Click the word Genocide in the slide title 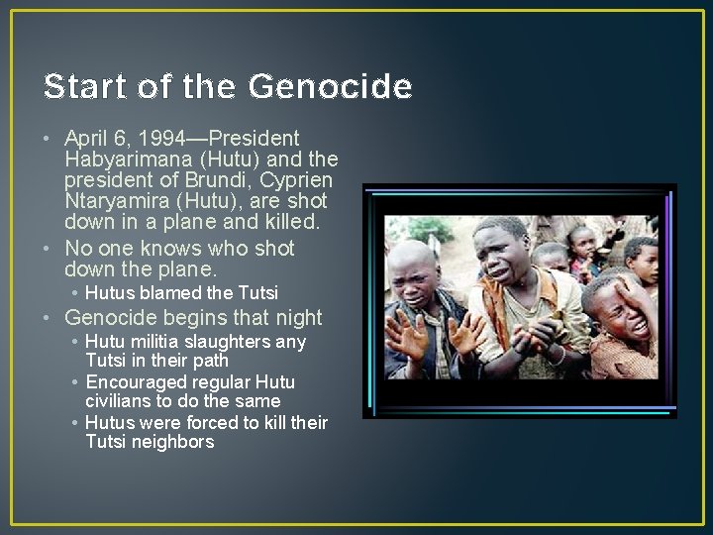point(330,88)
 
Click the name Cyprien point(296,181)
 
